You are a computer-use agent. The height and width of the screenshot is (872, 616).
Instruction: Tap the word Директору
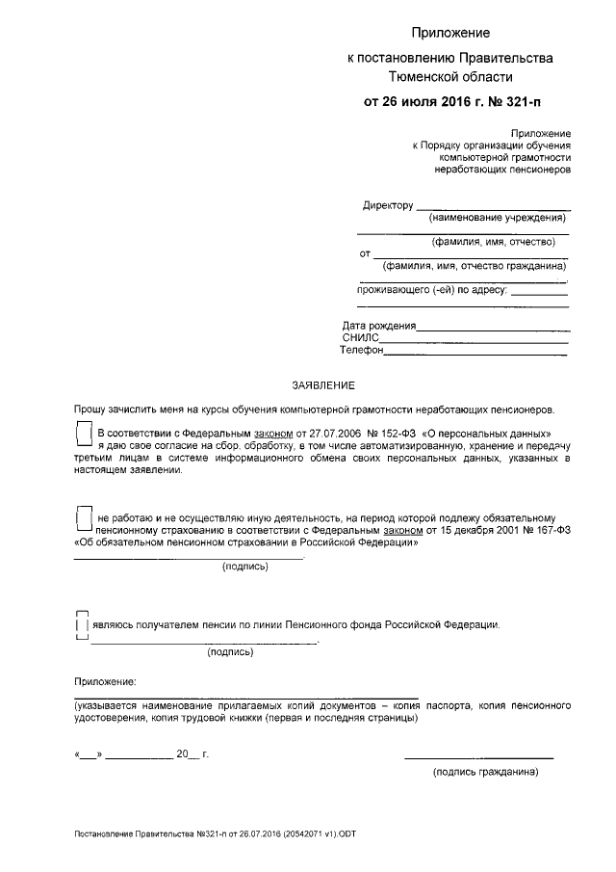388,205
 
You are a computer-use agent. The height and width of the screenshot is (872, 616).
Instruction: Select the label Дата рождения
378,326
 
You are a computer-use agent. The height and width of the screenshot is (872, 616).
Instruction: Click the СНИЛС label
361,338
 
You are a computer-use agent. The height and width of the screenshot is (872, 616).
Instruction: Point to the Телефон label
363,351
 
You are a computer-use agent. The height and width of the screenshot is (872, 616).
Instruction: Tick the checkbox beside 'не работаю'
84,519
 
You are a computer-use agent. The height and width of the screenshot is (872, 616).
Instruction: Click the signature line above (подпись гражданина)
478,758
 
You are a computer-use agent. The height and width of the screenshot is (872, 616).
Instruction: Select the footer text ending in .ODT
220,834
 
